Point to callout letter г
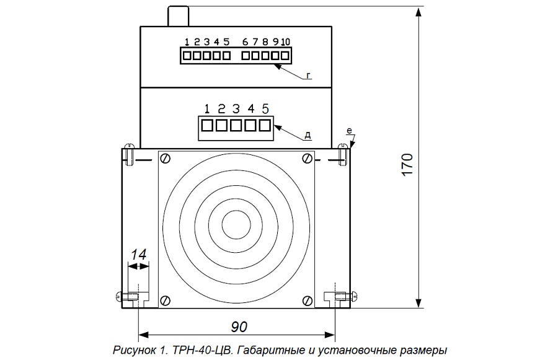308,77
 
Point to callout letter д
308,134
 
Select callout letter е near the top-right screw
349,131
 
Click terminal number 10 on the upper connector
286,42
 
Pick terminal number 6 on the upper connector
246,42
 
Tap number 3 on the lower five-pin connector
236,108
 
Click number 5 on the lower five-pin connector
265,108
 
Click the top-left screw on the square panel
166,158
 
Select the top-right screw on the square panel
307,158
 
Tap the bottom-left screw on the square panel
166,301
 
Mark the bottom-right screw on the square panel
307,301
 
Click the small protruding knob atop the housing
178,16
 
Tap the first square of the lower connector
208,125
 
